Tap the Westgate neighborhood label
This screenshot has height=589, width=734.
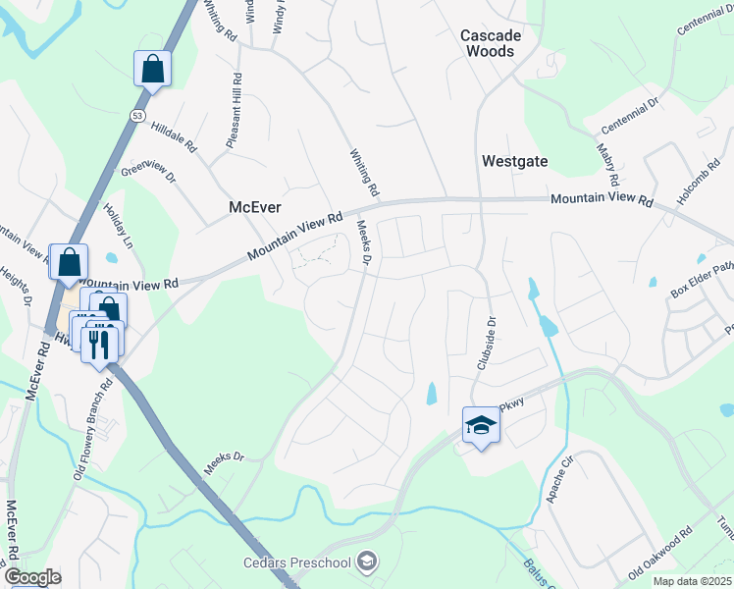pyautogui.click(x=514, y=161)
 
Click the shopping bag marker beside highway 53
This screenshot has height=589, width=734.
pyautogui.click(x=152, y=71)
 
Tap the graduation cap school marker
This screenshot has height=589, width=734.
pyautogui.click(x=481, y=426)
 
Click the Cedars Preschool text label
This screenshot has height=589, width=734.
pyautogui.click(x=297, y=562)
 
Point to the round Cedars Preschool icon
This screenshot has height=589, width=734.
pyautogui.click(x=367, y=562)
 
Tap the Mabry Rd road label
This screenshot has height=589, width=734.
pyautogui.click(x=606, y=165)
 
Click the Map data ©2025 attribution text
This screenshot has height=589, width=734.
pyautogui.click(x=693, y=580)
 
